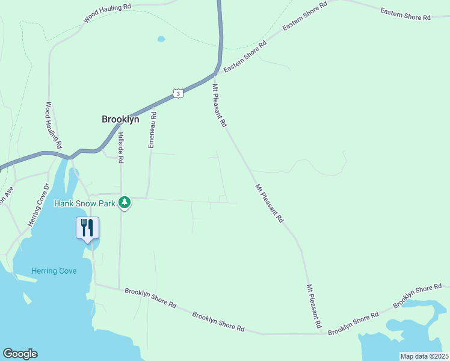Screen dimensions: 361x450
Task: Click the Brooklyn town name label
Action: pyautogui.click(x=120, y=119)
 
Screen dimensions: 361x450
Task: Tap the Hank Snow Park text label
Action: pyautogui.click(x=84, y=203)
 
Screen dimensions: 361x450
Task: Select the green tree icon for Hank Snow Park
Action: pyautogui.click(x=125, y=203)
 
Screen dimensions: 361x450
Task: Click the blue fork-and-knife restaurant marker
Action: pyautogui.click(x=87, y=228)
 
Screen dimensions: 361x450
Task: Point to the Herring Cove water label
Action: pyautogui.click(x=55, y=271)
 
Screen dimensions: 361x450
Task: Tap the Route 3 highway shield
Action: pyautogui.click(x=177, y=93)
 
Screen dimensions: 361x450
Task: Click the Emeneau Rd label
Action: pyautogui.click(x=152, y=129)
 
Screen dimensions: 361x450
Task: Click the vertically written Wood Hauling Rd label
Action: pyautogui.click(x=54, y=125)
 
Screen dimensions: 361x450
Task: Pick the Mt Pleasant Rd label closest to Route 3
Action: pyautogui.click(x=219, y=105)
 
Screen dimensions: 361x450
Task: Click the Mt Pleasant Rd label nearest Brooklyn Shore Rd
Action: pyautogui.click(x=314, y=306)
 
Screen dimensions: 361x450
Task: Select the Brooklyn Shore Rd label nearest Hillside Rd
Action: pyautogui.click(x=150, y=299)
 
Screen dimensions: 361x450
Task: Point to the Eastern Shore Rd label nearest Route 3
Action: pyautogui.click(x=245, y=58)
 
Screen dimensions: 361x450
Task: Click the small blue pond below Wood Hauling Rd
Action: pyautogui.click(x=161, y=39)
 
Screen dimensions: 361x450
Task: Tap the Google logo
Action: pyautogui.click(x=20, y=354)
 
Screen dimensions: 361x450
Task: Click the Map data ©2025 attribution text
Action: pyautogui.click(x=424, y=356)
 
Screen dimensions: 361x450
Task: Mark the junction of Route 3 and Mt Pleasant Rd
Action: pyautogui.click(x=215, y=74)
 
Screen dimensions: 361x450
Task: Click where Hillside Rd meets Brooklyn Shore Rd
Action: pyautogui.click(x=119, y=288)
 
